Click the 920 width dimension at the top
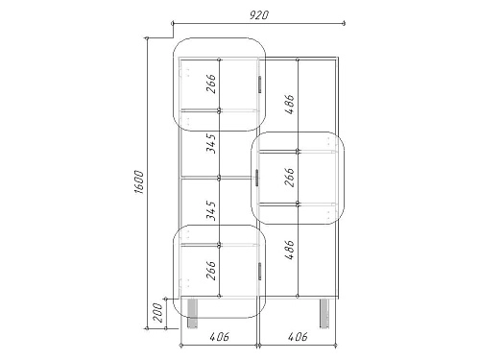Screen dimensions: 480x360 (259, 15)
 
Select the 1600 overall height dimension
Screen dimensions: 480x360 (140, 182)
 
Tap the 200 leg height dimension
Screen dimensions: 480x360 (157, 313)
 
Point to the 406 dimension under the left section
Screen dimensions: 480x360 (220, 336)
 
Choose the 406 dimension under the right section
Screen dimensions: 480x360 (298, 336)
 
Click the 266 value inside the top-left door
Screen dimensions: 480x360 (211, 84)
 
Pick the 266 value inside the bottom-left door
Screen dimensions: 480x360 (211, 271)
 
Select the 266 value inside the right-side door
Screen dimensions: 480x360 (289, 177)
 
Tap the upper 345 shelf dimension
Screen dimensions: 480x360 (211, 144)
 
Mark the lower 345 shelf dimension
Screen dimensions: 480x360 (211, 210)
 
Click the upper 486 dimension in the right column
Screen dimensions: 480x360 (290, 105)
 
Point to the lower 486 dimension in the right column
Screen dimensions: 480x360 (290, 250)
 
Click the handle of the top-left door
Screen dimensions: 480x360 (259, 84)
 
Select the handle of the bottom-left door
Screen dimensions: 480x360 (259, 272)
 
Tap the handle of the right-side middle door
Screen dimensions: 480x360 (257, 178)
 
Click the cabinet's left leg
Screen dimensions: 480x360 (192, 313)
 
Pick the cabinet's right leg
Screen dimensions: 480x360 (324, 313)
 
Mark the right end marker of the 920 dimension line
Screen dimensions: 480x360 (344, 23)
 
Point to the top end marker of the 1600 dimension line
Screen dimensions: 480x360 (147, 38)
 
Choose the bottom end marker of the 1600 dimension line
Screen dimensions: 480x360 (147, 328)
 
